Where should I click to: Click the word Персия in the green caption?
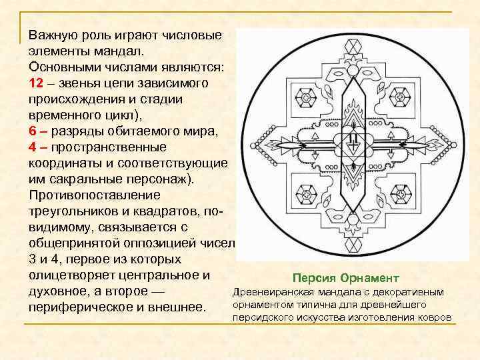click(x=313, y=277)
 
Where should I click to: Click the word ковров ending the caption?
click(x=435, y=317)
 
